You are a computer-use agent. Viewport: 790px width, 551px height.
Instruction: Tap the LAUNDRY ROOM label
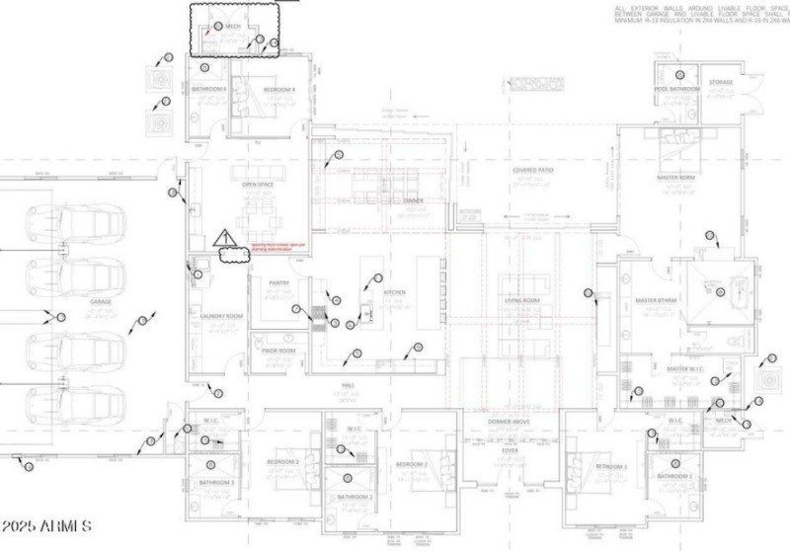pos(220,316)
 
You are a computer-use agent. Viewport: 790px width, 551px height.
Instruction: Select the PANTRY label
pos(278,282)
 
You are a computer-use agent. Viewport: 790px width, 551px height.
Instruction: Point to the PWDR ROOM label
pos(280,351)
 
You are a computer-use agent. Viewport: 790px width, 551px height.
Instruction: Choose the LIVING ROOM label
pos(522,300)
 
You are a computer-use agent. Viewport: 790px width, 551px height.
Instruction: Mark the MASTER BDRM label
pos(675,178)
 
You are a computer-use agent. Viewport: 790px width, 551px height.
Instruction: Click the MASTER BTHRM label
pos(654,300)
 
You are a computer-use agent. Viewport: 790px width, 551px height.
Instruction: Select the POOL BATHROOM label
pos(677,89)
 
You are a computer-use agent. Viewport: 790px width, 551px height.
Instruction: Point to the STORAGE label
pos(721,83)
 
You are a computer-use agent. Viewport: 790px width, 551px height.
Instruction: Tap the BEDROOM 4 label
pos(279,90)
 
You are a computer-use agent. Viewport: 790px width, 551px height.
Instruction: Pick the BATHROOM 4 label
pos(209,90)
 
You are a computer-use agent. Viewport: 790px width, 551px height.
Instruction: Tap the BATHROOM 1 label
pos(675,477)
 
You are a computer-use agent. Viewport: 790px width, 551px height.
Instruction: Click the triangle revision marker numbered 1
pos(223,238)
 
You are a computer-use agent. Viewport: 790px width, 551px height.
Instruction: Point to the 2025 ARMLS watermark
pos(46,524)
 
